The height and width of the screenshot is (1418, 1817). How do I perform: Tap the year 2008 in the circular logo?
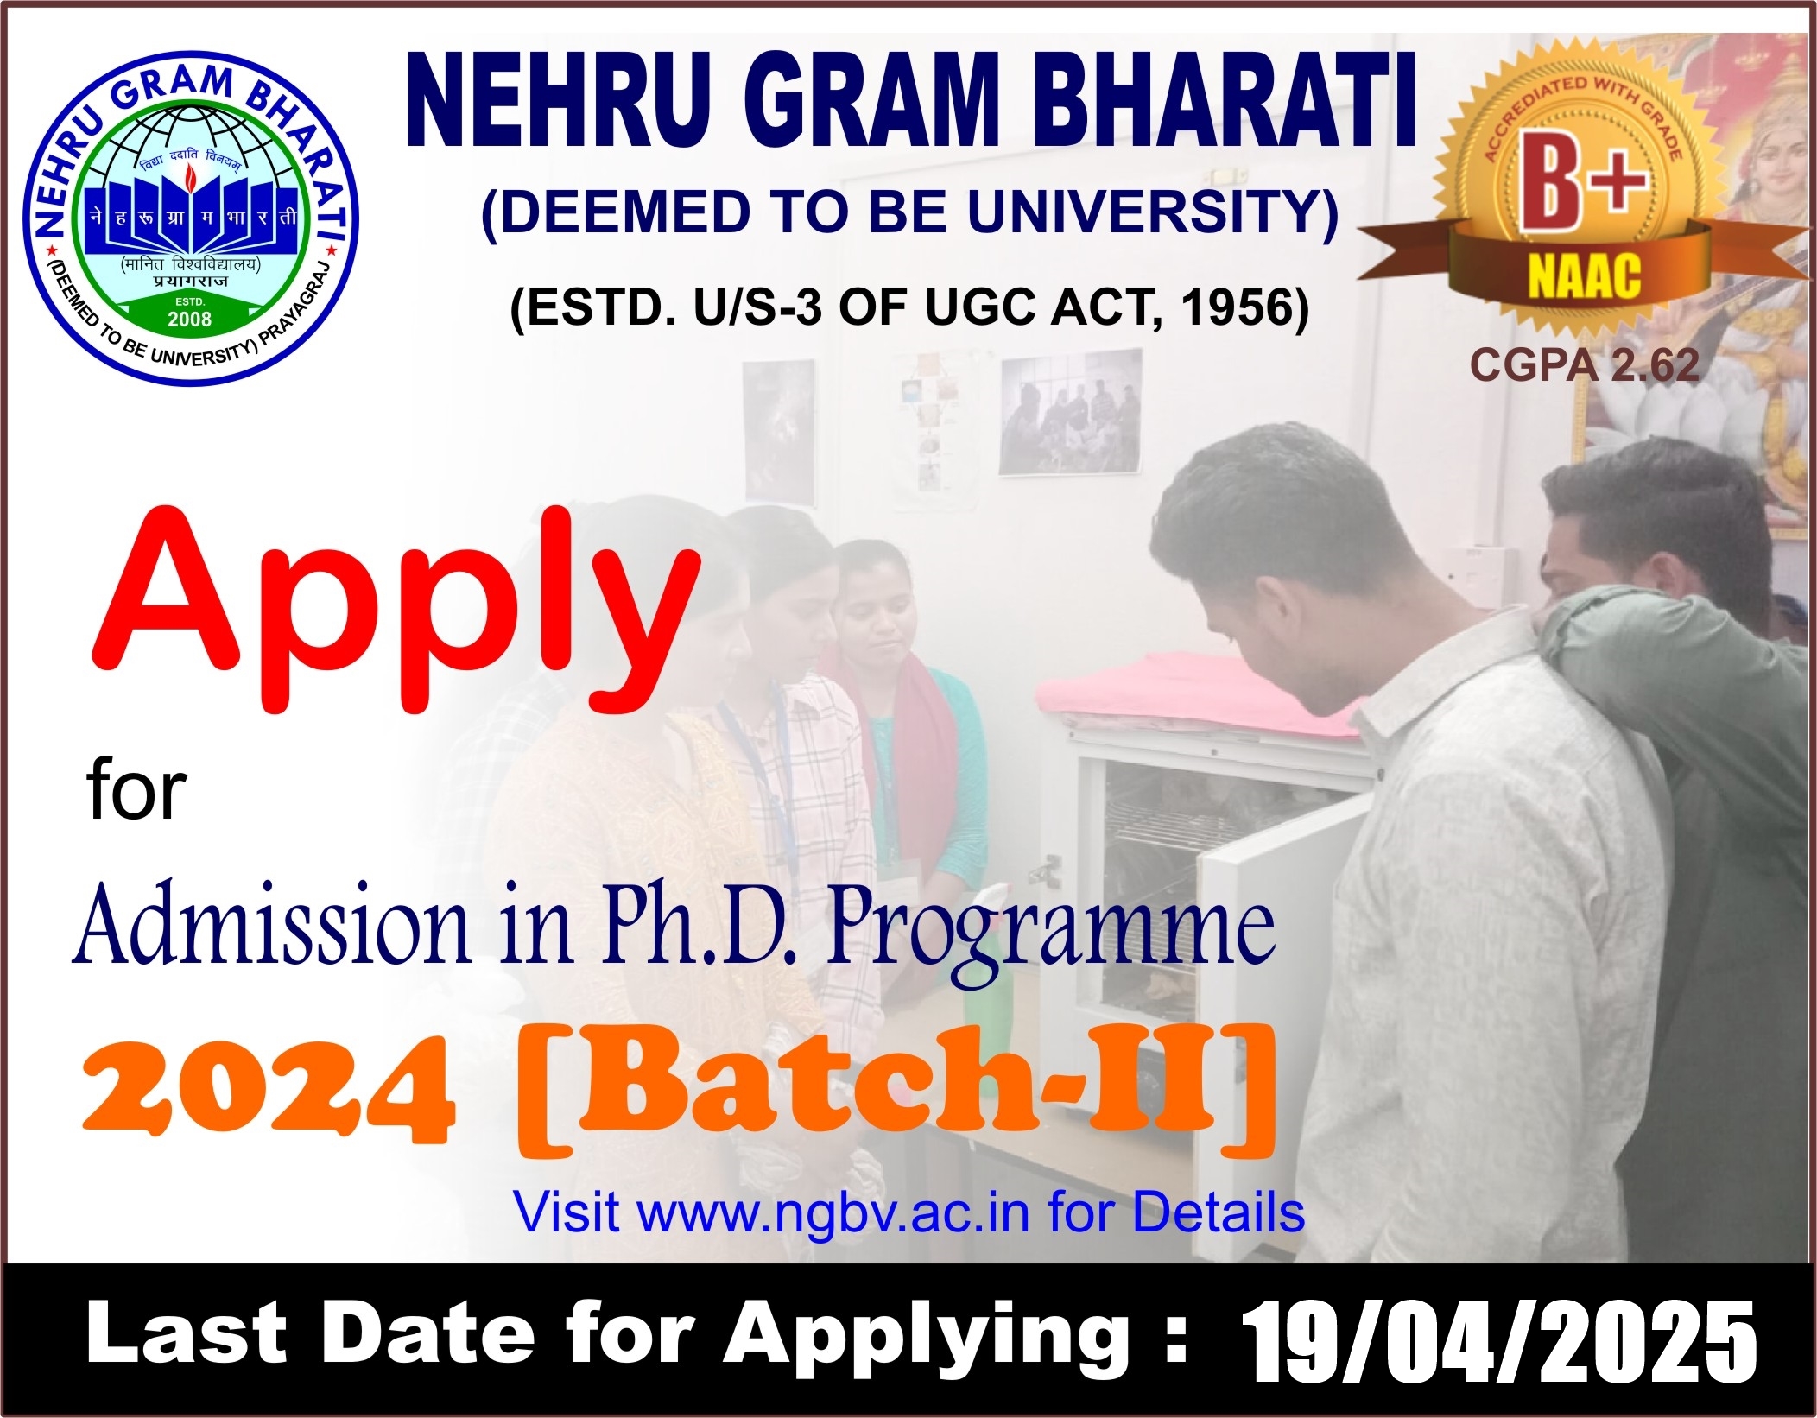pos(190,320)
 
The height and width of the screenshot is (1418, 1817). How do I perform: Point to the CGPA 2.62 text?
pos(1585,364)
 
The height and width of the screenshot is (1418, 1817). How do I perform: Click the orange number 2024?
pos(268,1091)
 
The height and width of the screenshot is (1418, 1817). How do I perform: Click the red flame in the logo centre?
pos(190,178)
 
